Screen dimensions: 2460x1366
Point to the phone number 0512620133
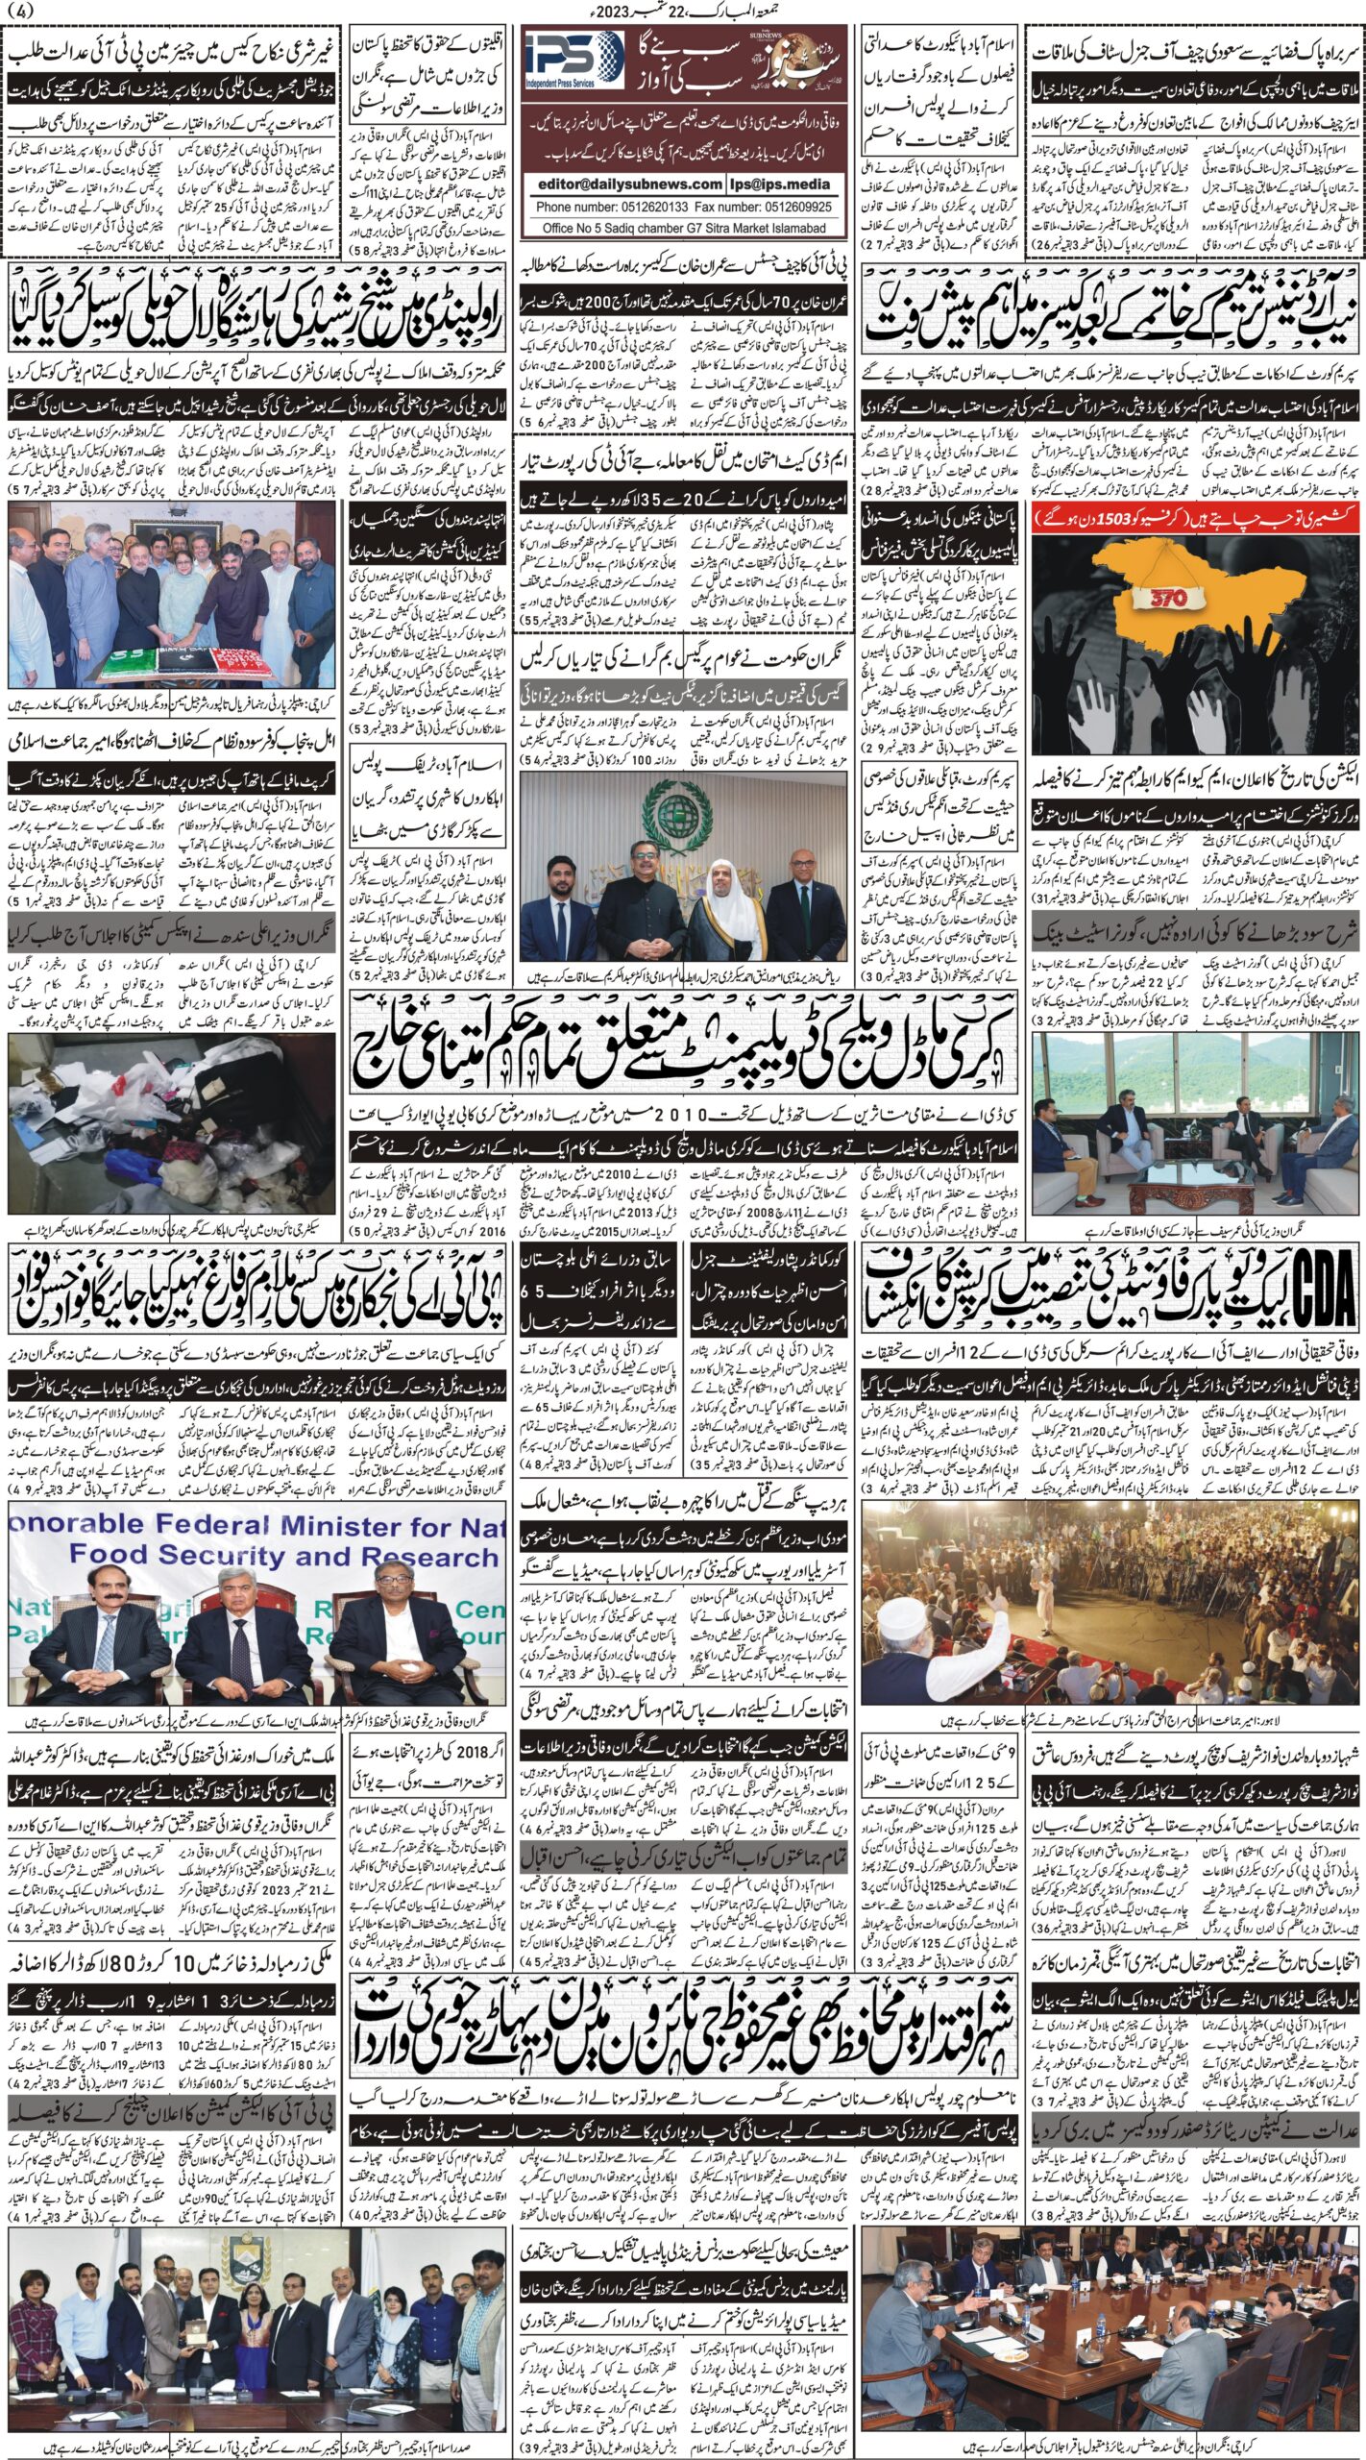pyautogui.click(x=632, y=207)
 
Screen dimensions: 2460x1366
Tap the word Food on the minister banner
pyautogui.click(x=110, y=1556)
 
